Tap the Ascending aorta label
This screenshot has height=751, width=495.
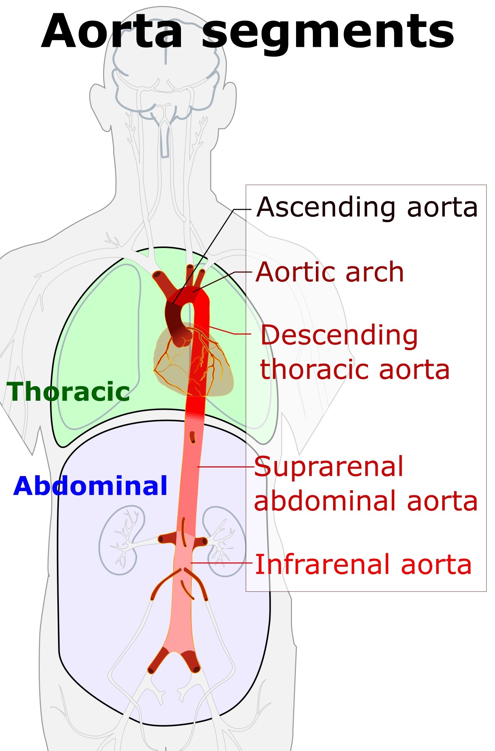(367, 207)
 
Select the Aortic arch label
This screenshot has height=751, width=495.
(330, 272)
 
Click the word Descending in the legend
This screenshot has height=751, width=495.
(339, 336)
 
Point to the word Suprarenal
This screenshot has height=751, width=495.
(329, 467)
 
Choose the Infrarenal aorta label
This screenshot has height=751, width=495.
(363, 564)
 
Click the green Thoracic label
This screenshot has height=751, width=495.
(69, 392)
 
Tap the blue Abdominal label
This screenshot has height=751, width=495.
(90, 486)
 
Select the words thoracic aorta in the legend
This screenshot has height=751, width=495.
(355, 370)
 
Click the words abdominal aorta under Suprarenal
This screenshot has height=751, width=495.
(366, 501)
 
